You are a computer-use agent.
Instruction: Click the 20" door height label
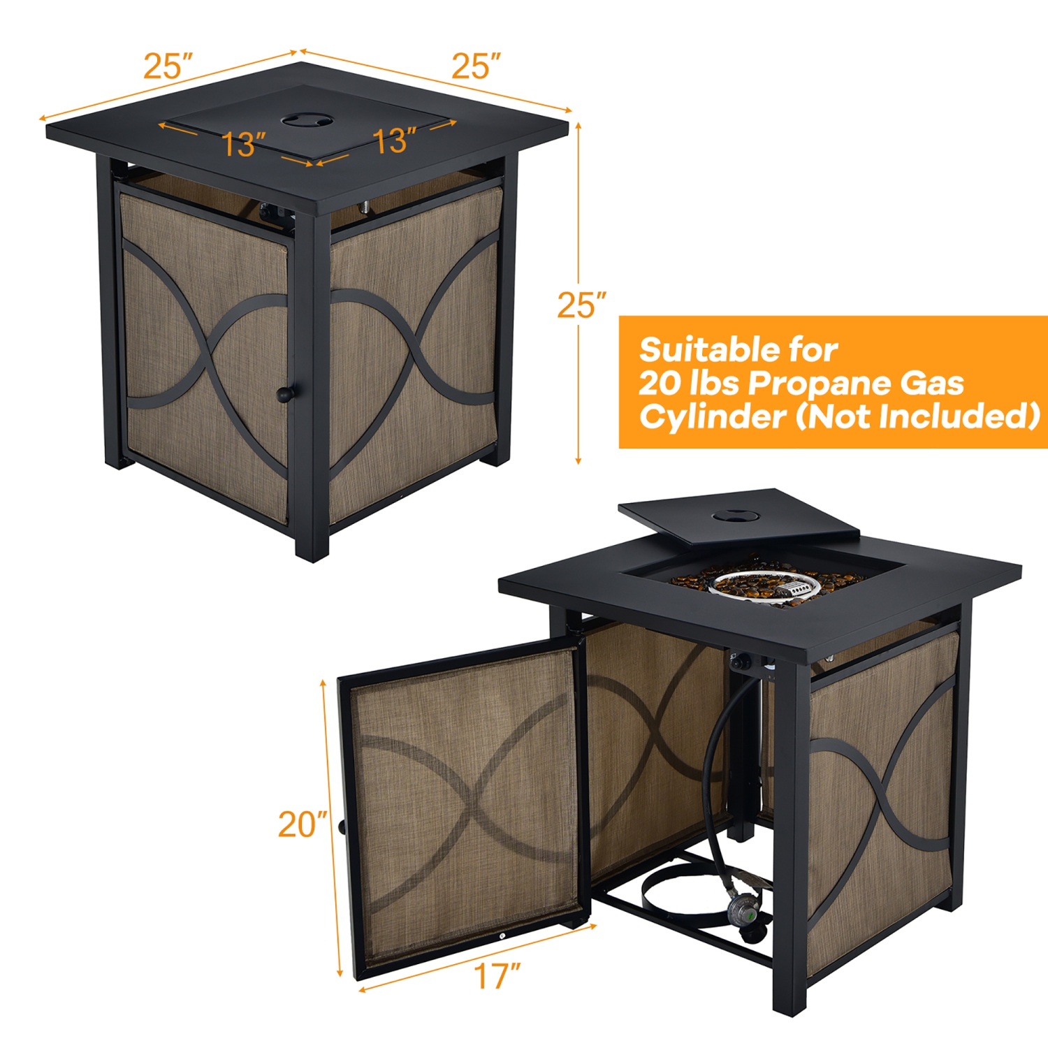pyautogui.click(x=302, y=824)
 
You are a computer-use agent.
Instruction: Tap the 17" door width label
pyautogui.click(x=497, y=976)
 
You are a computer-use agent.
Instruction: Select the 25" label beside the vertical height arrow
pyautogui.click(x=581, y=305)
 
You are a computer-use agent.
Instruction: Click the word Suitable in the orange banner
pyautogui.click(x=706, y=349)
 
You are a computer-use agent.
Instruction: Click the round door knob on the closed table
pyautogui.click(x=284, y=394)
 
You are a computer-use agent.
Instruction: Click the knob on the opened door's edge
pyautogui.click(x=342, y=827)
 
